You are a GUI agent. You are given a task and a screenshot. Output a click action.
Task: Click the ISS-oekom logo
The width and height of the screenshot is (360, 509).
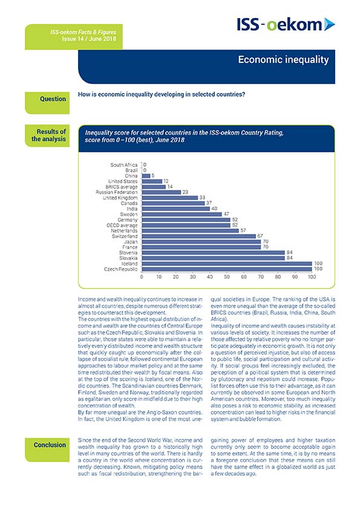pyautogui.click(x=286, y=25)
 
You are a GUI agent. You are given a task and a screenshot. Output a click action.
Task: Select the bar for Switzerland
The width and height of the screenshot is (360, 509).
pyautogui.click(x=199, y=236)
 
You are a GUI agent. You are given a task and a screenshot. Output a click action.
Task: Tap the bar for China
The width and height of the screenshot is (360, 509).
pyautogui.click(x=146, y=176)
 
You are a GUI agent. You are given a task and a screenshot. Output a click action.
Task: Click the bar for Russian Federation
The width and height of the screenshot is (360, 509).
pyautogui.click(x=162, y=192)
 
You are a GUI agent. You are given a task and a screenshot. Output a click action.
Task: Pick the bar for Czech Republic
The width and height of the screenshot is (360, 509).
pyautogui.click(x=227, y=269)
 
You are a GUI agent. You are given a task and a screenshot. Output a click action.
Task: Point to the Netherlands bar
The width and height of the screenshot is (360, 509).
pyautogui.click(x=191, y=230)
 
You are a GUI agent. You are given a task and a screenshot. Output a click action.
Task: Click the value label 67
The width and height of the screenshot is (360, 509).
pyautogui.click(x=260, y=236)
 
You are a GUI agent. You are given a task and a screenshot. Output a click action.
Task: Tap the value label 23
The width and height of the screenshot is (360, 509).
pyautogui.click(x=185, y=192)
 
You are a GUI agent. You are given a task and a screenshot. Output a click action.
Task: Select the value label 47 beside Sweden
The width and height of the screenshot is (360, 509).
pyautogui.click(x=226, y=214)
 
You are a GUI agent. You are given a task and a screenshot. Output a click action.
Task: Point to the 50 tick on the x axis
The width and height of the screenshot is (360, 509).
pyautogui.click(x=227, y=277)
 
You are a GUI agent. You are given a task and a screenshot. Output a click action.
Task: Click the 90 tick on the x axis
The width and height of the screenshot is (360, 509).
pyautogui.click(x=295, y=277)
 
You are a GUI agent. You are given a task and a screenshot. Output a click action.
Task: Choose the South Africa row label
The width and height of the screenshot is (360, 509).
pyautogui.click(x=124, y=165)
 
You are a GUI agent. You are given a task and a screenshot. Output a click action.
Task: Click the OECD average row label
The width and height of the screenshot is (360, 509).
pyautogui.click(x=122, y=225)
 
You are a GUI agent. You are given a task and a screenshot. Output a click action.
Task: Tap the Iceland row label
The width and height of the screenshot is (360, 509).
pyautogui.click(x=129, y=264)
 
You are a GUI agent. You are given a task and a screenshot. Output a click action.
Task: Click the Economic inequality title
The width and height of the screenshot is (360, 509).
pyautogui.click(x=283, y=59)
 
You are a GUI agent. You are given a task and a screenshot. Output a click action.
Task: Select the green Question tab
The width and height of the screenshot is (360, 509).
pyautogui.click(x=47, y=103)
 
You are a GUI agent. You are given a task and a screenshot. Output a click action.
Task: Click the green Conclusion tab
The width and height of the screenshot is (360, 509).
pyautogui.click(x=47, y=450)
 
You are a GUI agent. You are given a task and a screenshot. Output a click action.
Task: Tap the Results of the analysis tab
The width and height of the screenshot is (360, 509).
pyautogui.click(x=47, y=135)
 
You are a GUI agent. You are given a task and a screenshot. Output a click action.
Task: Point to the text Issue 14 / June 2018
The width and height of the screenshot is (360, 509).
pyautogui.click(x=89, y=39)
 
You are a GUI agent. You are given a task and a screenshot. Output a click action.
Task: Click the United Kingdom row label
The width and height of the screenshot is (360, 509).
pyautogui.click(x=120, y=198)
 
